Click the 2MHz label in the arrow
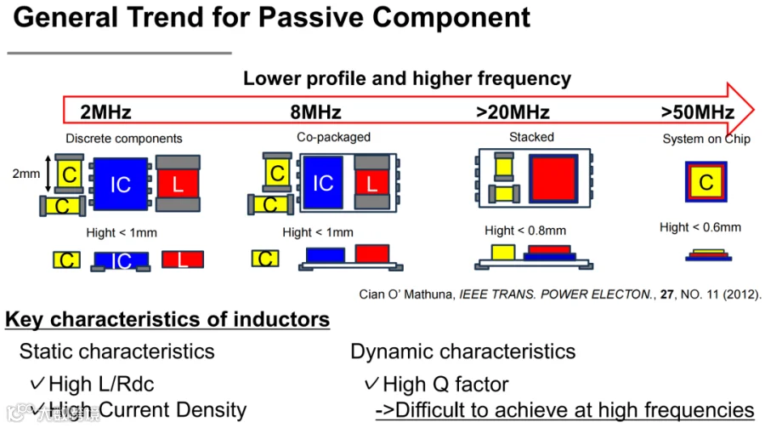pyautogui.click(x=106, y=112)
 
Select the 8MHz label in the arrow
pyautogui.click(x=315, y=112)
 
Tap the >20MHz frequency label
pyautogui.click(x=513, y=112)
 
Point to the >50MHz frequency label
pyautogui.click(x=698, y=112)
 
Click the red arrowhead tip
pyautogui.click(x=754, y=110)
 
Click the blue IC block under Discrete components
pyautogui.click(x=121, y=184)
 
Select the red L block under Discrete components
pyautogui.click(x=178, y=184)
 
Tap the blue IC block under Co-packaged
pyautogui.click(x=323, y=183)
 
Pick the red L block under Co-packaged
pyautogui.click(x=371, y=183)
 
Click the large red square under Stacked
pyautogui.click(x=553, y=179)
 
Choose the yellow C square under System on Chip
pyautogui.click(x=706, y=182)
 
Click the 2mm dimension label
pyautogui.click(x=25, y=174)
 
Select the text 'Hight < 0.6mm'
pyautogui.click(x=700, y=227)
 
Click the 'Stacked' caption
pyautogui.click(x=531, y=137)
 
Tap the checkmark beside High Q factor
pyautogui.click(x=371, y=384)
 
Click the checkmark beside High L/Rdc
pyautogui.click(x=37, y=383)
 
